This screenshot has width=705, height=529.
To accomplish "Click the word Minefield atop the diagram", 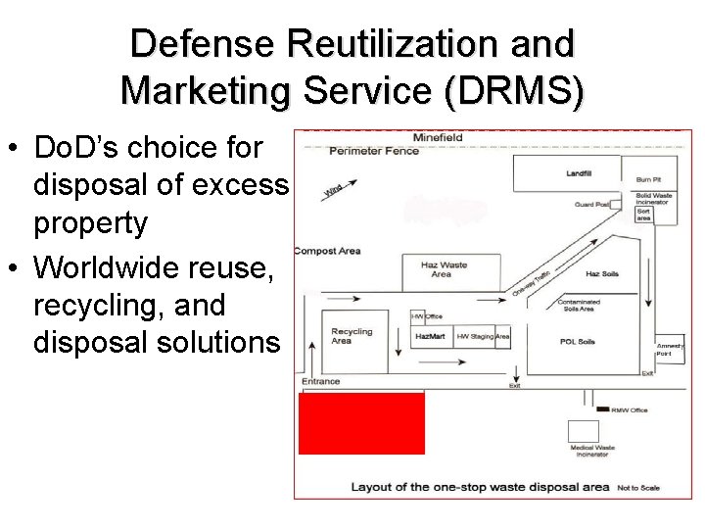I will coord(438,137).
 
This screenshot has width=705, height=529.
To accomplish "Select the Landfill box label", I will coord(579,173).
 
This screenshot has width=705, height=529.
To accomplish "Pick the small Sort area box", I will coord(644,214).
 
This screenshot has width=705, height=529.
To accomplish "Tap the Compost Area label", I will coord(327,251).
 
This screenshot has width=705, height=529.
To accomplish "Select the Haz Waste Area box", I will coord(442,271).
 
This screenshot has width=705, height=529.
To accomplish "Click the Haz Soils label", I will coord(599,273).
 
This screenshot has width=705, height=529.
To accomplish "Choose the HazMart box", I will coord(431,336).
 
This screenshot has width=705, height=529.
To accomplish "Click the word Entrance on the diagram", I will coord(321,381).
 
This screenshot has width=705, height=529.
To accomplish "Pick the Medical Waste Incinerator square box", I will coord(584,432).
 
